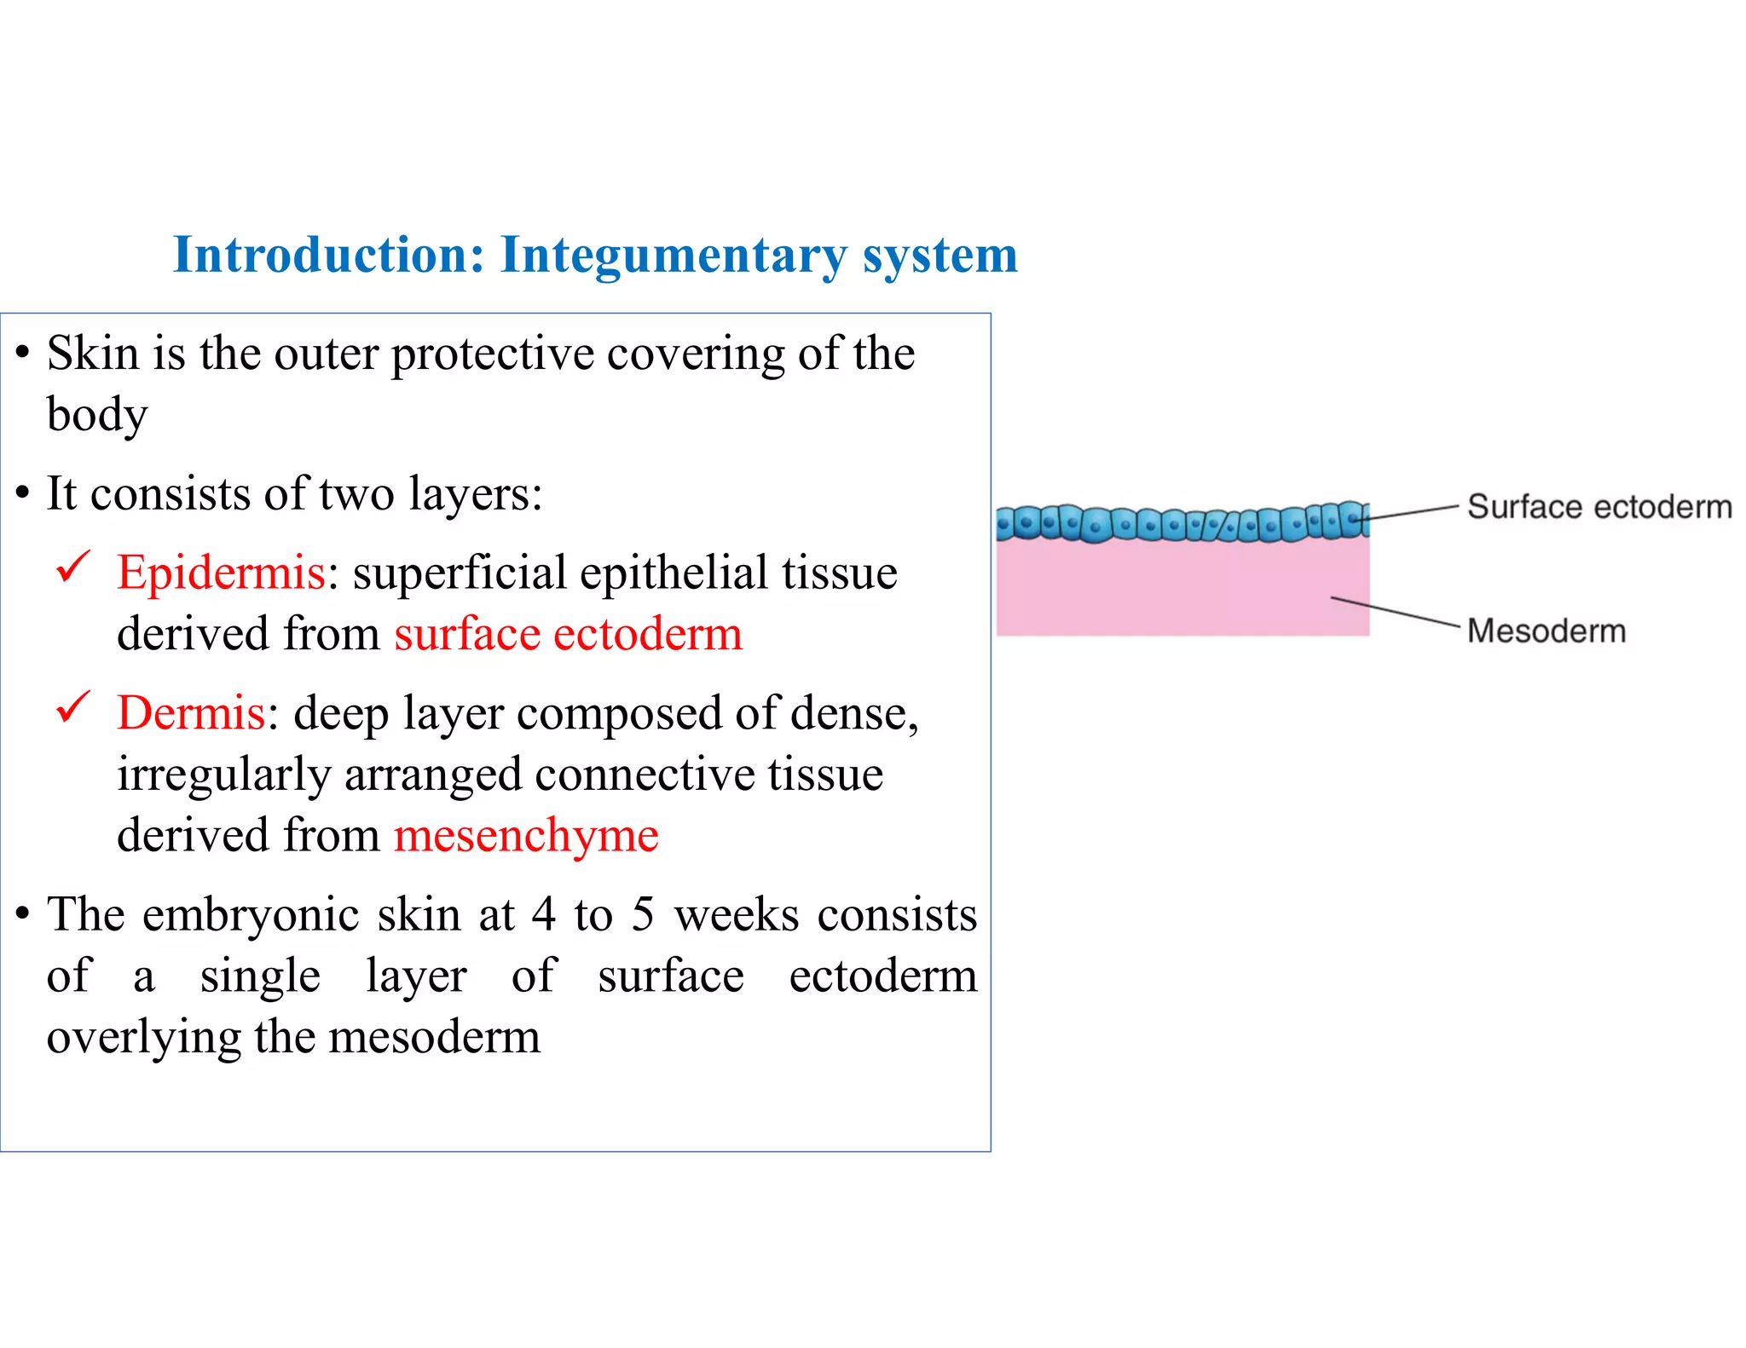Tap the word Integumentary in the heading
click(x=674, y=255)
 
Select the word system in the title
click(x=940, y=256)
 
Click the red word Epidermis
click(x=221, y=572)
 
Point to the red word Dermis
click(x=191, y=712)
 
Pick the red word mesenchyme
click(x=526, y=835)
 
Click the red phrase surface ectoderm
click(x=568, y=634)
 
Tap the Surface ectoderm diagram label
click(x=1599, y=507)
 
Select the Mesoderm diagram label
click(x=1547, y=631)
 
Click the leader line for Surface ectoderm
click(x=1411, y=512)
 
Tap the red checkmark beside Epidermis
click(x=73, y=567)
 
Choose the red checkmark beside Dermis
click(x=73, y=707)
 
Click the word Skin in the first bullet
click(x=92, y=353)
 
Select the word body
click(x=96, y=415)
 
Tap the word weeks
click(x=737, y=914)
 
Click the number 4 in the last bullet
click(x=544, y=914)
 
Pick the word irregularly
click(x=223, y=775)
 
